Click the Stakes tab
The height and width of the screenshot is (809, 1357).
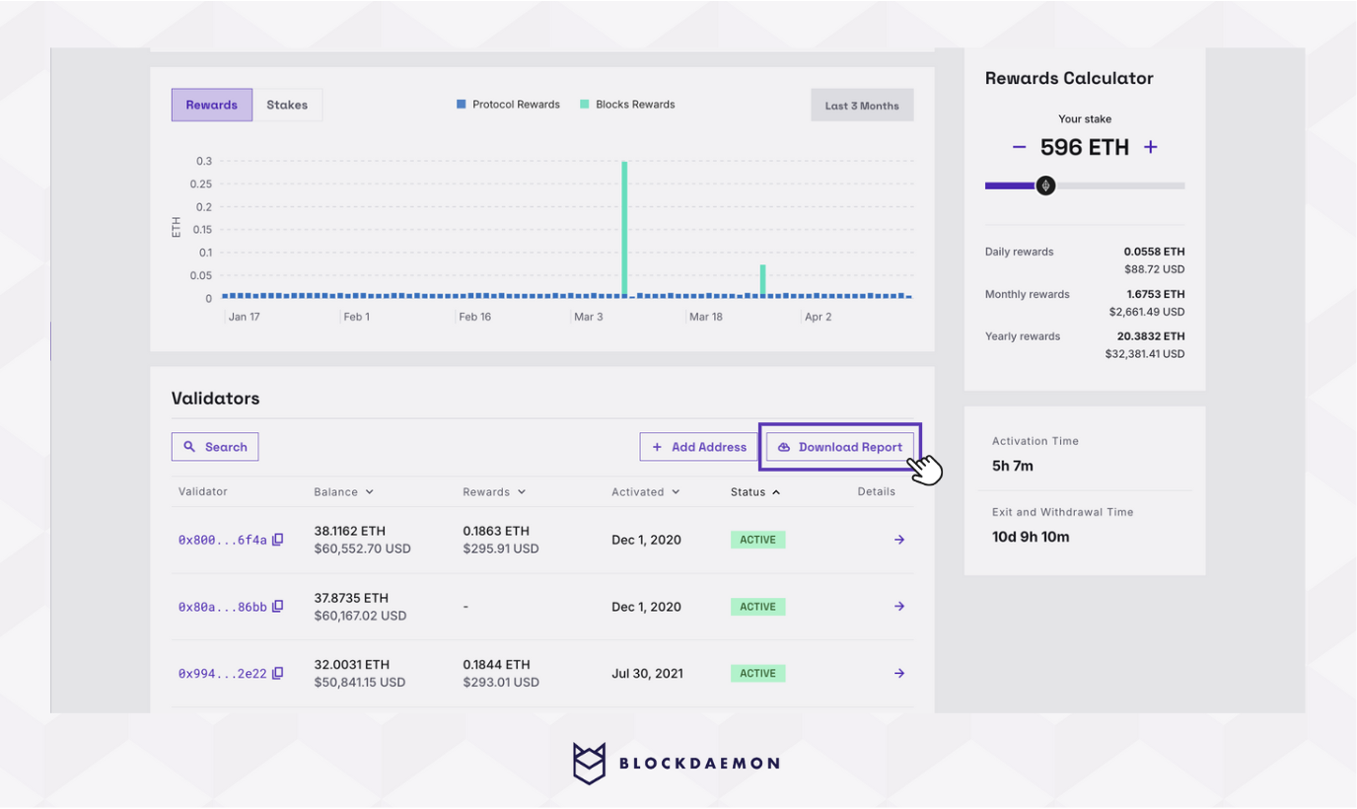point(287,105)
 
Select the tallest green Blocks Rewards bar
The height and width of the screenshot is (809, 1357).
point(624,228)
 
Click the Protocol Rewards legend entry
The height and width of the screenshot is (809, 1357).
point(508,105)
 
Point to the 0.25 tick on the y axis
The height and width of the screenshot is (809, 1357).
point(200,184)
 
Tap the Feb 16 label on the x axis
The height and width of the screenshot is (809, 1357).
point(474,317)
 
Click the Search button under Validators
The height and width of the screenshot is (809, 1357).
point(215,447)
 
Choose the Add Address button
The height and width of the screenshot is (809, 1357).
point(698,447)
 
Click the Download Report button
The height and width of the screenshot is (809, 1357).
point(840,447)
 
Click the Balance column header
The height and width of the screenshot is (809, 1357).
point(343,491)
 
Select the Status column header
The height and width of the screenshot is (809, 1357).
point(754,491)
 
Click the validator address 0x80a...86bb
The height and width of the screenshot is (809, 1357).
point(222,607)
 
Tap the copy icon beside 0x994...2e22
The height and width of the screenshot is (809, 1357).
point(278,673)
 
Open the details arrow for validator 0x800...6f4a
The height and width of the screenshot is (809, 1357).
point(899,540)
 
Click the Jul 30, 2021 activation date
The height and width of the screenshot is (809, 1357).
point(647,674)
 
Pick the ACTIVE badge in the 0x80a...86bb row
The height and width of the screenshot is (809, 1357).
point(757,607)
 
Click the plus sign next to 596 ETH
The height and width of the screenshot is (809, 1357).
point(1150,147)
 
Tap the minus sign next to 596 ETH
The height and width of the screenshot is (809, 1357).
point(1020,147)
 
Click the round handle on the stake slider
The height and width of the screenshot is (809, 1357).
point(1045,185)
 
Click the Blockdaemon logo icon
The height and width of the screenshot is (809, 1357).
point(589,763)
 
